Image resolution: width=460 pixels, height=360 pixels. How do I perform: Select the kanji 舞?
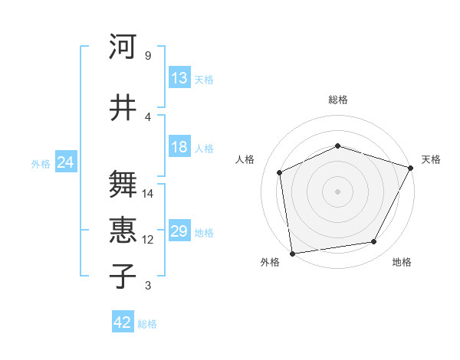point(123,185)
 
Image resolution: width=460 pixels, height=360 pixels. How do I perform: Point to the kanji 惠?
point(123,230)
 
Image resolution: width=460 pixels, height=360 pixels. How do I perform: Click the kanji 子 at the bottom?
point(123,276)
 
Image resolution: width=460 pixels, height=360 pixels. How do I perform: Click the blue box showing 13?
point(179,77)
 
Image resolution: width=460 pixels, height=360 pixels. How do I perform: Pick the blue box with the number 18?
point(179,147)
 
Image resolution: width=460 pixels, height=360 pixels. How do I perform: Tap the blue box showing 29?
point(179,231)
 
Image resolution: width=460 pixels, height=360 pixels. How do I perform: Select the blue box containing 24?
point(66,162)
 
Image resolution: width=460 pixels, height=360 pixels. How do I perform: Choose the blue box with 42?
point(123,322)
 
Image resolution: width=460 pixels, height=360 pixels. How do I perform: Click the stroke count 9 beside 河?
point(148,56)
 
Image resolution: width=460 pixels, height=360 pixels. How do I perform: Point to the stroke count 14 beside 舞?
point(148,194)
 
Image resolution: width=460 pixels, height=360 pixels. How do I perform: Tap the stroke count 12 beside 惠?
point(148,240)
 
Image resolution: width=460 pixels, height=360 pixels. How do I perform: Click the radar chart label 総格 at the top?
point(338,100)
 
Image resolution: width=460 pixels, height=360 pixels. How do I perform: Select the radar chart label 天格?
point(431,159)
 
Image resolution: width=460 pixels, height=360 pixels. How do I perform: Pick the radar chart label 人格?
point(245,159)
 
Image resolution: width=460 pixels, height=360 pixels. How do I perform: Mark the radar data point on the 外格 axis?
point(292,253)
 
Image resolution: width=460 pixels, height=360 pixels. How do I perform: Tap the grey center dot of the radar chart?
point(338,191)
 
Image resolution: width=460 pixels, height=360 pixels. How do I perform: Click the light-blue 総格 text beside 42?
point(147,324)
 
